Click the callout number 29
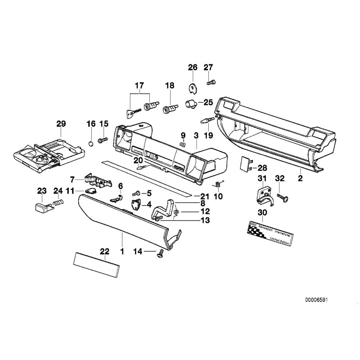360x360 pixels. point(61,124)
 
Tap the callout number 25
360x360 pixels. point(208,102)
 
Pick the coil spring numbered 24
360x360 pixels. point(57,203)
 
